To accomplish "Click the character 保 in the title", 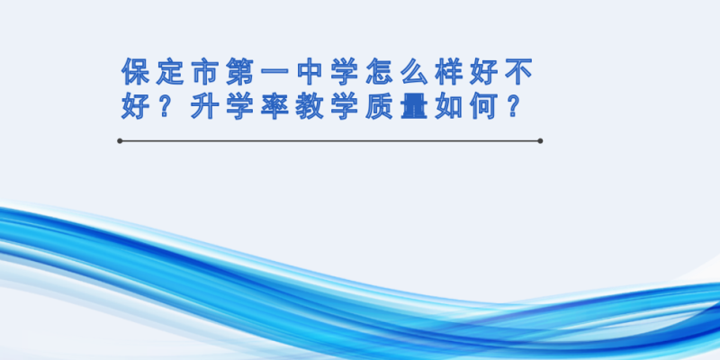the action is click(136, 72).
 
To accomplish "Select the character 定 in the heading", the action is click(170, 72).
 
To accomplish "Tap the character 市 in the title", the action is click(205, 72).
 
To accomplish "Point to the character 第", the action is click(240, 72).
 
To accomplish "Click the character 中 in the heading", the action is click(310, 72).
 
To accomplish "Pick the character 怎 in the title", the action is click(380, 72).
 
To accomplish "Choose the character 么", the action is click(415, 72).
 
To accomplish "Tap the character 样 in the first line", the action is click(449, 72).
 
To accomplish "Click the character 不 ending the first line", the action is click(519, 72).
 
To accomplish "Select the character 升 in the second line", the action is click(205, 106).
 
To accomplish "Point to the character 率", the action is click(275, 106).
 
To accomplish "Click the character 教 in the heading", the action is click(310, 106).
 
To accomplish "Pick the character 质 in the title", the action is click(380, 106).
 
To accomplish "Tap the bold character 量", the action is click(415, 106).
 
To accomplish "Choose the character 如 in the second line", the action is click(449, 106).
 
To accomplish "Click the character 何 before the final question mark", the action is click(484, 106).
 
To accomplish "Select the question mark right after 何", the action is click(515, 106).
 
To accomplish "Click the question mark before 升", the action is click(166, 106).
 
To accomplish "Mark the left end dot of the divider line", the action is click(120, 141).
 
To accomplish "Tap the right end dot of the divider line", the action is click(540, 141).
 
